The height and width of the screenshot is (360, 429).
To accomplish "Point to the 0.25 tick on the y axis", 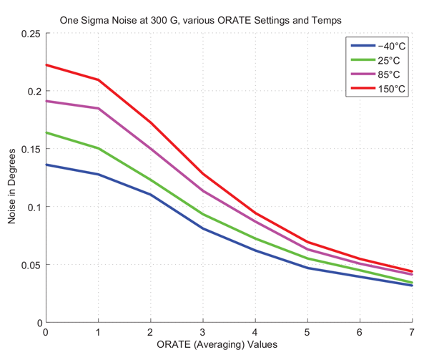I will (x=31, y=34).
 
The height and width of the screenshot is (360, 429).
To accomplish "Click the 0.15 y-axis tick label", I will (x=31, y=149).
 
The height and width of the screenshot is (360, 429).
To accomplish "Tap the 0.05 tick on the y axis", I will (x=31, y=265).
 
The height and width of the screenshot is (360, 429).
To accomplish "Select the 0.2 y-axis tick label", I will (x=34, y=92).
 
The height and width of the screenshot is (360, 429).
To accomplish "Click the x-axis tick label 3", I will (x=202, y=333).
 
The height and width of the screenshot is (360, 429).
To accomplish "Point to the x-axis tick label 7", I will (x=412, y=333).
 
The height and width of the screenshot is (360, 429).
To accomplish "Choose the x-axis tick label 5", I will (x=307, y=333).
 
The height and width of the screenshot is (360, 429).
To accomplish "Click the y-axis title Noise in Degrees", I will (x=12, y=179).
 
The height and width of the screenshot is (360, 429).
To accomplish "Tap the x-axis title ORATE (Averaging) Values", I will (x=228, y=346).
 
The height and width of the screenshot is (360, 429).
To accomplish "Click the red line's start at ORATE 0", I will (x=46, y=65).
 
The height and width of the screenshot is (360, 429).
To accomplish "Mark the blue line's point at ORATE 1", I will (x=98, y=174).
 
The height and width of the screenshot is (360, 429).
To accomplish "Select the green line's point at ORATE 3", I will (x=202, y=215).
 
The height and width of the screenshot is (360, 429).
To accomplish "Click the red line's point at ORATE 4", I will (x=255, y=213).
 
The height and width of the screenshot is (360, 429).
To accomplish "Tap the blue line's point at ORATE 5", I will (x=307, y=268).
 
